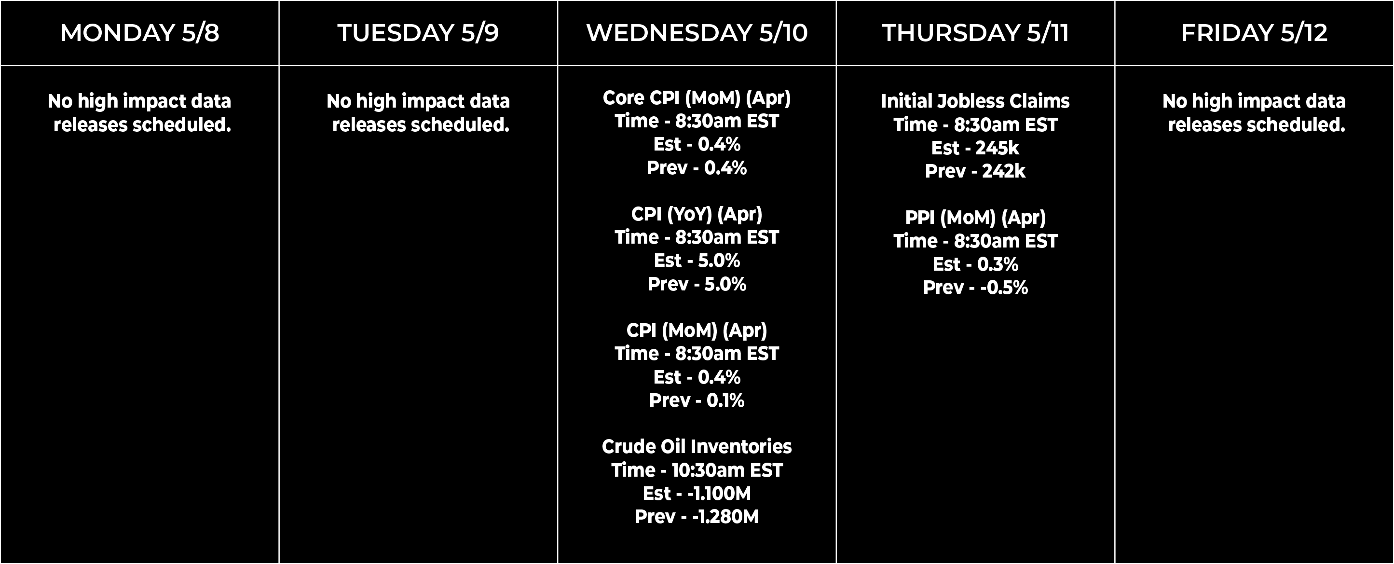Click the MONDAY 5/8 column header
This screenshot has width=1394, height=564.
click(139, 32)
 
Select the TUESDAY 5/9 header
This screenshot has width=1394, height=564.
click(418, 32)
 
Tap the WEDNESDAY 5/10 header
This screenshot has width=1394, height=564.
click(697, 32)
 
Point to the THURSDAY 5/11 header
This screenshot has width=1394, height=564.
click(976, 32)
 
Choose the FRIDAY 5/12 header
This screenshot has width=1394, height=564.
click(1255, 32)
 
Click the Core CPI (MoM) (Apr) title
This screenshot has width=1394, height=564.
click(697, 98)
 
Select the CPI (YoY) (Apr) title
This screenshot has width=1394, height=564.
click(697, 215)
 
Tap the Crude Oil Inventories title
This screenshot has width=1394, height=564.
click(697, 447)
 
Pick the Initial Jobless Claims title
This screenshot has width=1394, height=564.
click(975, 101)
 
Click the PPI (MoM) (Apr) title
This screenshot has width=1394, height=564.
click(976, 218)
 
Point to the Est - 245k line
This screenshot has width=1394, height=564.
click(975, 148)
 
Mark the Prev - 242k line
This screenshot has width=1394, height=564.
click(975, 171)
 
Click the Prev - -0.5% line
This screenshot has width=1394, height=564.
click(976, 288)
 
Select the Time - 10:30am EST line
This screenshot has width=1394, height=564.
click(697, 470)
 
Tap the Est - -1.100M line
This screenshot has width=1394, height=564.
click(697, 493)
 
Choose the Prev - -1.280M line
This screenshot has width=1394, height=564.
click(697, 516)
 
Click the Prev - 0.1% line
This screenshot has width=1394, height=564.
click(697, 400)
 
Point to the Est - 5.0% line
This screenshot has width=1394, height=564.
click(697, 261)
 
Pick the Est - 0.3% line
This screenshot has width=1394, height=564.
click(976, 264)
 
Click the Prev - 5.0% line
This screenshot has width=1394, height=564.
click(697, 284)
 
